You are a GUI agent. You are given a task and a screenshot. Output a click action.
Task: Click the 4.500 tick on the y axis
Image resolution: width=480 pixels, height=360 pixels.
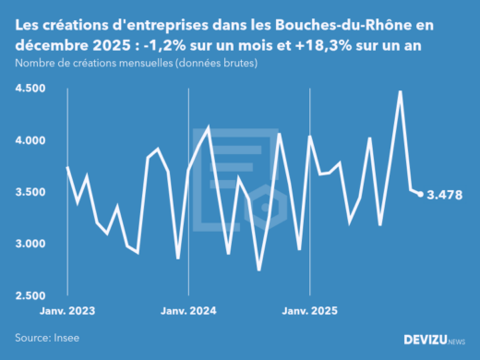coord(30,88)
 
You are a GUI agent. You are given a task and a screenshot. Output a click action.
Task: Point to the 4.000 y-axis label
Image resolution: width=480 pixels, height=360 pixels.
coord(30,140)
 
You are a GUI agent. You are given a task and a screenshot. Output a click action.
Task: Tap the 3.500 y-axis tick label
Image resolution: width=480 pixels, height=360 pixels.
coord(30,192)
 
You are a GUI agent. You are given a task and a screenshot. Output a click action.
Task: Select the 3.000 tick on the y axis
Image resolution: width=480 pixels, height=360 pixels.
coord(30,244)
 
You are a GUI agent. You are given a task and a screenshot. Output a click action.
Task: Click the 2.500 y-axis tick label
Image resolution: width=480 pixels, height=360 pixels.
coord(30,295)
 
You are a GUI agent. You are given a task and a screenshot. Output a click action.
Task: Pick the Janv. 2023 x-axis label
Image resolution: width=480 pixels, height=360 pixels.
coord(67,312)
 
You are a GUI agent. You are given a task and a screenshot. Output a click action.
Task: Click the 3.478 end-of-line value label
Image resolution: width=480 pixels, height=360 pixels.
coord(444,195)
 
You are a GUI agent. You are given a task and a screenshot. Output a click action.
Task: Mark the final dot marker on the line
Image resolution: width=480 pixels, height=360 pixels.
coord(421,194)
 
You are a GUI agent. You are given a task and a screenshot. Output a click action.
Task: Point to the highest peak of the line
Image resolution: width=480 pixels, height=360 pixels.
coord(400,91)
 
